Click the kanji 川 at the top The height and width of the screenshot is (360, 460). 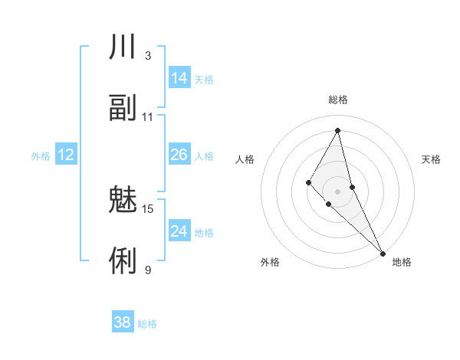(x=123, y=48)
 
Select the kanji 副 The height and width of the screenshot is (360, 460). (x=123, y=108)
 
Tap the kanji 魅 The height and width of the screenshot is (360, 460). (x=123, y=201)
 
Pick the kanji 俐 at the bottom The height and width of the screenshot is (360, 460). (x=123, y=261)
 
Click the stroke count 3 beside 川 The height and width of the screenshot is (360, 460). (x=147, y=56)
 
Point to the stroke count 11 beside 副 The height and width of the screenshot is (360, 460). (x=148, y=117)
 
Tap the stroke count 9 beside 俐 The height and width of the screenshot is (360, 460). (x=147, y=270)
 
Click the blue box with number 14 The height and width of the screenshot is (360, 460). (x=179, y=78)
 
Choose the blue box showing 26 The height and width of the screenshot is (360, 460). (x=179, y=155)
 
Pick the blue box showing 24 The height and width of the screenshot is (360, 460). (x=179, y=231)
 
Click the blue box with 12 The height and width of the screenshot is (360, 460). (x=66, y=155)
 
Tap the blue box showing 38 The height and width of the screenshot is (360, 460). (x=123, y=322)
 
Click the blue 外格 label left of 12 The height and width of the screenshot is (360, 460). (x=41, y=156)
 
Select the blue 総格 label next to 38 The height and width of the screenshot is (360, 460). (x=147, y=324)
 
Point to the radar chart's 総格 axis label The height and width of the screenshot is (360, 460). (x=338, y=100)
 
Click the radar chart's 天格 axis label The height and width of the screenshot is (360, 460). (x=432, y=159)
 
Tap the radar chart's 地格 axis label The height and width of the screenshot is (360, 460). (x=402, y=262)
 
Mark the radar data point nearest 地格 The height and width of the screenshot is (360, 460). (x=383, y=252)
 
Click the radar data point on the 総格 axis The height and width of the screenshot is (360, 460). (x=338, y=130)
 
